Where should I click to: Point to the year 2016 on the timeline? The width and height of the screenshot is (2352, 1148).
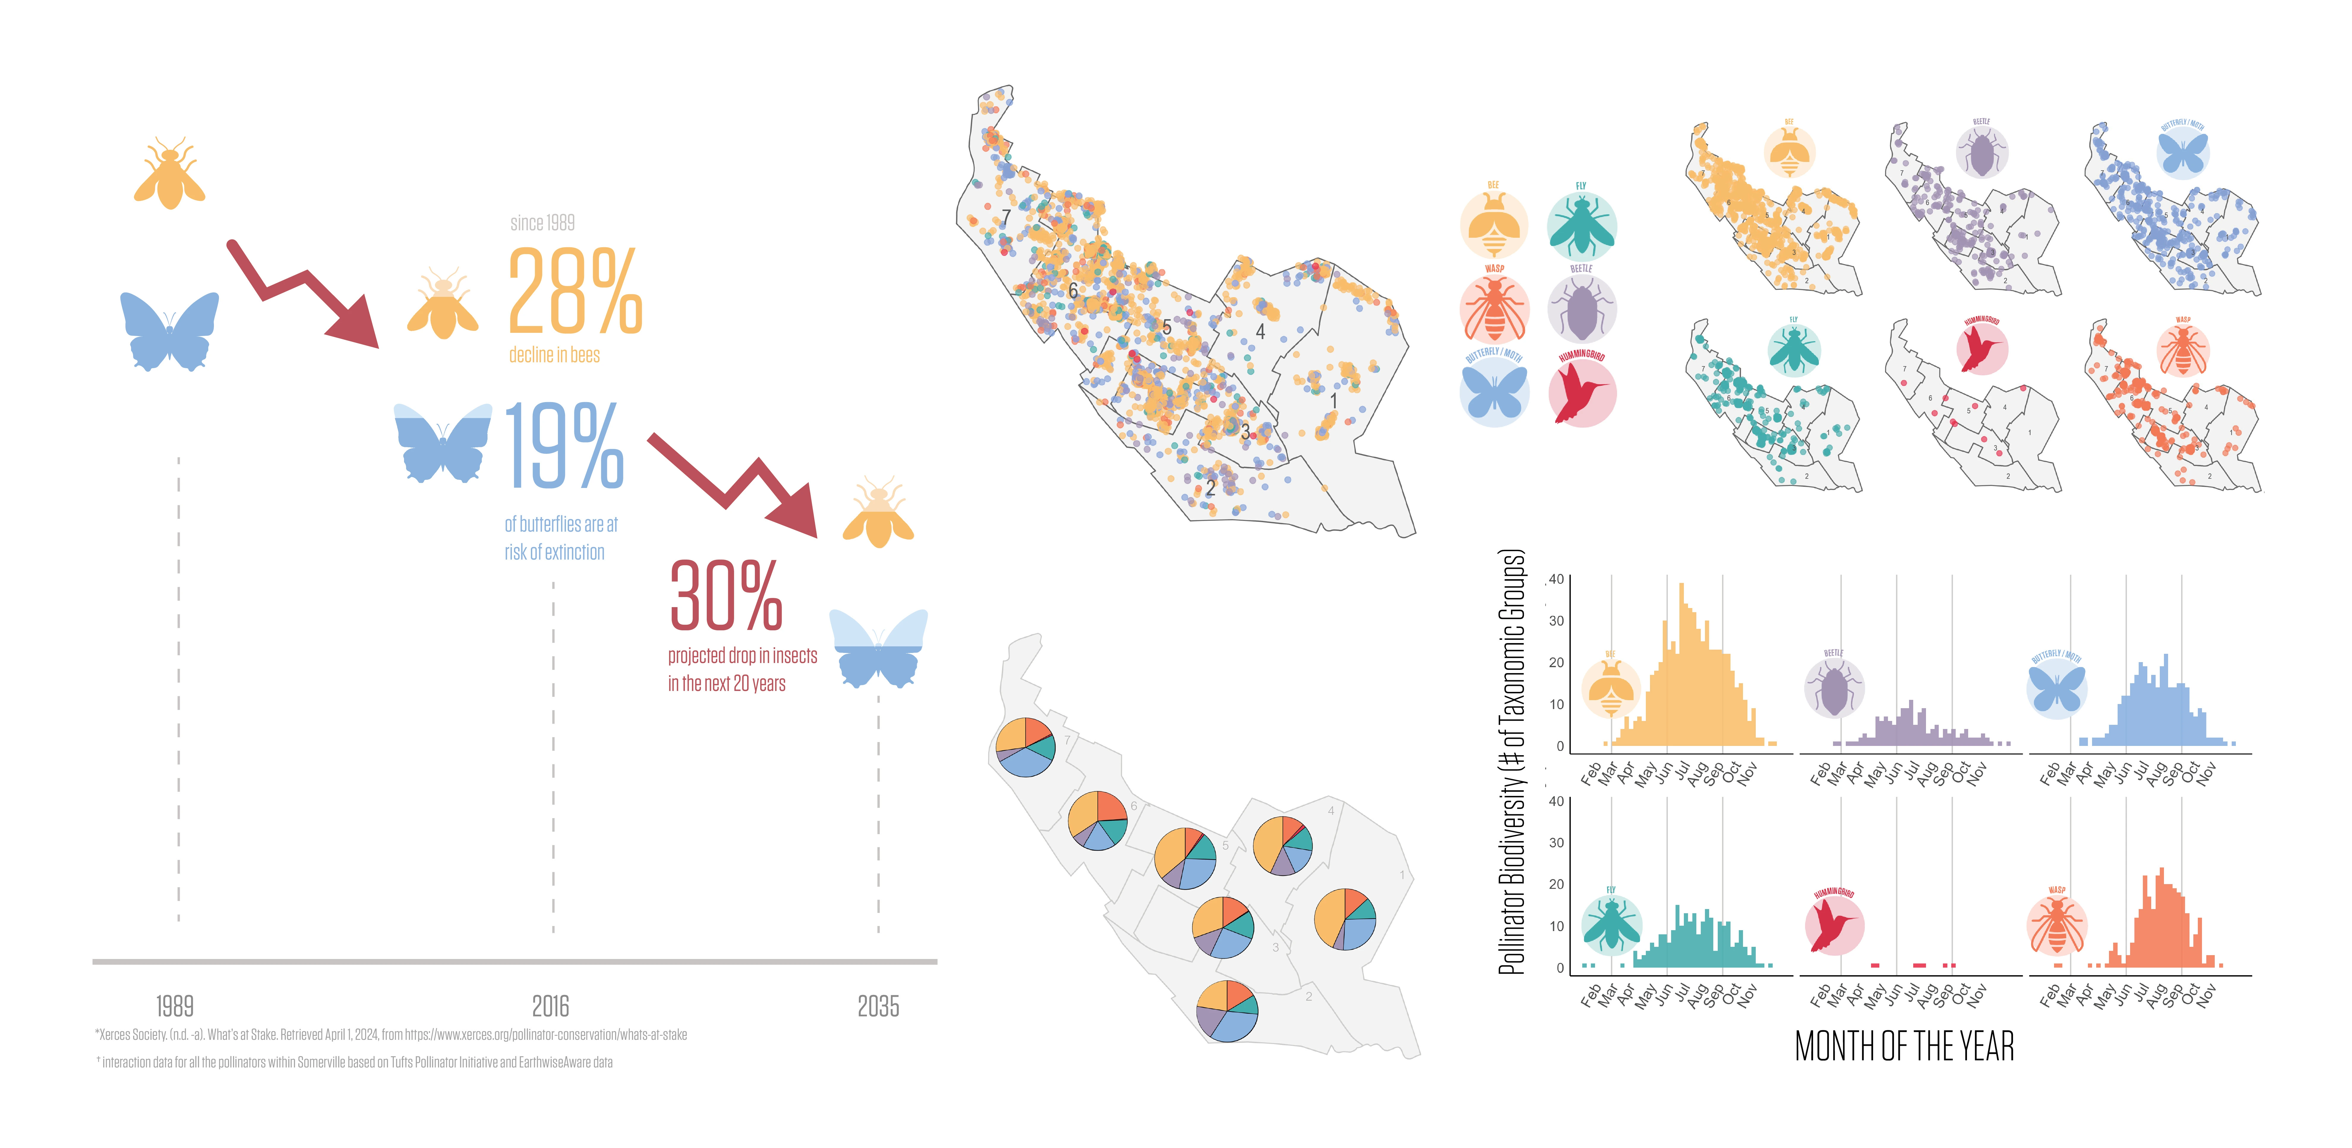click(x=550, y=1007)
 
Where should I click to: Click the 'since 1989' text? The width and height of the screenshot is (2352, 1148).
click(x=542, y=223)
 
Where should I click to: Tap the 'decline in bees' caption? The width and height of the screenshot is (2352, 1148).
click(x=554, y=355)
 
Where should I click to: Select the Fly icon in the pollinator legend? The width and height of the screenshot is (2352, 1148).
click(x=1581, y=226)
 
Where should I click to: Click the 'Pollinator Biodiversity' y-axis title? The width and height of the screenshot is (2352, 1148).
click(x=1512, y=763)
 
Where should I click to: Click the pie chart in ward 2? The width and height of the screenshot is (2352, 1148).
click(x=1227, y=1010)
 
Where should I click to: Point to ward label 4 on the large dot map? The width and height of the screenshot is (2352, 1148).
click(x=1260, y=332)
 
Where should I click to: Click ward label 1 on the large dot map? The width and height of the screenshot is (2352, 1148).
click(x=1333, y=400)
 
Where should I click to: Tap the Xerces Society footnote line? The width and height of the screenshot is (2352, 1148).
click(x=391, y=1035)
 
